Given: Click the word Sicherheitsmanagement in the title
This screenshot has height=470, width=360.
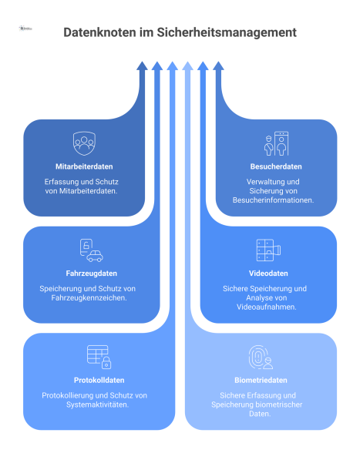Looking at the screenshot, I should [x=230, y=33].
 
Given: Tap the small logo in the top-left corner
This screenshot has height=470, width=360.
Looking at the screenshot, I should [x=25, y=29].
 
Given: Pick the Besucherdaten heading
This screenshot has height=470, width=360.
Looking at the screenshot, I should [x=275, y=166].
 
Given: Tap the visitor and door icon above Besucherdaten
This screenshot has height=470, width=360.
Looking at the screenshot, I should [x=275, y=143].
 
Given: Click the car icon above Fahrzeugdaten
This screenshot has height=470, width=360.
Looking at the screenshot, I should [x=92, y=250].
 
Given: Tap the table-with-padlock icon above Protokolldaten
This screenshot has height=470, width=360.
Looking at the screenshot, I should [x=99, y=357].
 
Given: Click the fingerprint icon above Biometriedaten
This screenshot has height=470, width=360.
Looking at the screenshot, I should [x=261, y=357].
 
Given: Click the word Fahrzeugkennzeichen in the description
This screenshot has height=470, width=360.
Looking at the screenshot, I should [x=92, y=297].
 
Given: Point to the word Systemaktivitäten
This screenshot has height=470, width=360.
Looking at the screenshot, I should [x=99, y=405].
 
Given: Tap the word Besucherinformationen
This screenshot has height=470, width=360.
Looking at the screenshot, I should [x=275, y=200].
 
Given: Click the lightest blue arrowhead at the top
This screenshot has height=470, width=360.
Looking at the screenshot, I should [x=187, y=66].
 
